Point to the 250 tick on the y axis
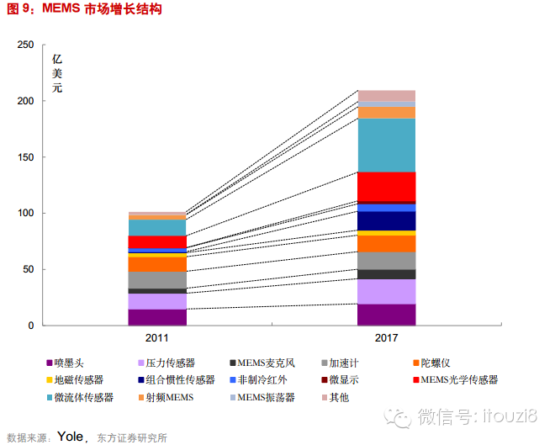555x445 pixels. coord(25,45)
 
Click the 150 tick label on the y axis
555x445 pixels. coord(25,157)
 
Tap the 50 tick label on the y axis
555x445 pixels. coord(29,269)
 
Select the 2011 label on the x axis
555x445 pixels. coord(157,337)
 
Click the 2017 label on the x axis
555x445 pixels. coord(387,337)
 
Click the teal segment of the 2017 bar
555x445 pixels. coord(387,145)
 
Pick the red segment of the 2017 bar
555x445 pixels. coord(387,186)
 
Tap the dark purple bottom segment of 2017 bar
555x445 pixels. coord(387,315)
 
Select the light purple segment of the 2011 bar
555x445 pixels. coord(157,301)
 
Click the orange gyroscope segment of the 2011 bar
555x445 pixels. coord(157,263)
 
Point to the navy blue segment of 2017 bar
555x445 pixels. coord(387,220)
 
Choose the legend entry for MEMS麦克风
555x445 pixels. coord(266,363)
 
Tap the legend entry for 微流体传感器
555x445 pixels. coord(83,396)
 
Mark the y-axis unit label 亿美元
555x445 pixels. coord(57,73)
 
